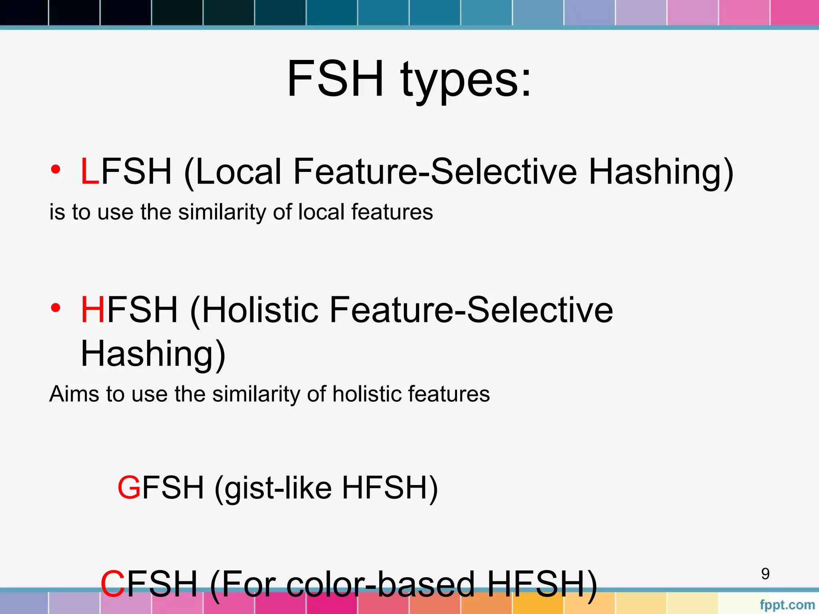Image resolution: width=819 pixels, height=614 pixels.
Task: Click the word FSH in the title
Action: pyautogui.click(x=335, y=78)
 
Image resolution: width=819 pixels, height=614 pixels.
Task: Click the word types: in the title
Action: pyautogui.click(x=466, y=82)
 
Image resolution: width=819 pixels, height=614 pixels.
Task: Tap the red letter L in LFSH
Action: pyautogui.click(x=90, y=172)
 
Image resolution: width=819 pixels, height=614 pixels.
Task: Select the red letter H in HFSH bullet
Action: pyautogui.click(x=93, y=310)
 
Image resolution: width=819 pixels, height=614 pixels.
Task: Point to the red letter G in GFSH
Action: pyautogui.click(x=129, y=488)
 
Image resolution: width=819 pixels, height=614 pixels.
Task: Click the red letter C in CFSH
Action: pyautogui.click(x=113, y=584)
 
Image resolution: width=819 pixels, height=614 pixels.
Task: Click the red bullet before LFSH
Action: pyautogui.click(x=56, y=169)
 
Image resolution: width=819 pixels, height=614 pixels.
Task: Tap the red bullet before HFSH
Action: pyautogui.click(x=56, y=307)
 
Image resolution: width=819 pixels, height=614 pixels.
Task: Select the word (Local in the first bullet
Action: pyautogui.click(x=233, y=172)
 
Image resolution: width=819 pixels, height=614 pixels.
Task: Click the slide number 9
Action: pyautogui.click(x=765, y=574)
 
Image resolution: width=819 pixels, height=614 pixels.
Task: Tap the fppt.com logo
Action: pyautogui.click(x=787, y=605)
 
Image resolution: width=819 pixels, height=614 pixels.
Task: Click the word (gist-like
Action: pyautogui.click(x=273, y=488)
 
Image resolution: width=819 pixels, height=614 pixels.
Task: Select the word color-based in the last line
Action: pyautogui.click(x=380, y=584)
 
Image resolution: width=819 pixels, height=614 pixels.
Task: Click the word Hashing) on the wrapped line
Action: pyautogui.click(x=153, y=354)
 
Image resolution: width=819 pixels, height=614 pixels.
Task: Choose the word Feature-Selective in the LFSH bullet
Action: pyautogui.click(x=435, y=172)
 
